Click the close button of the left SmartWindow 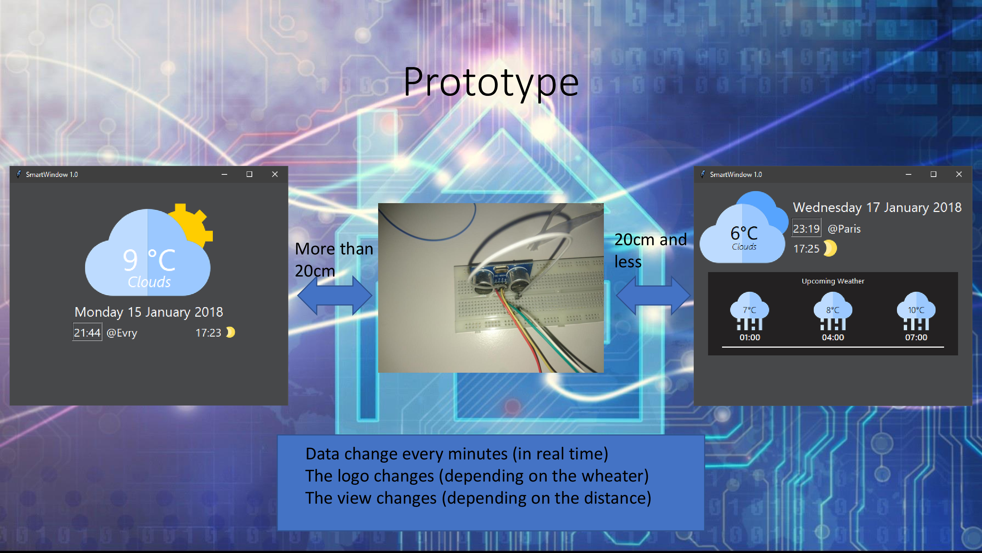tap(274, 174)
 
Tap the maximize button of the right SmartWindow tap(933, 174)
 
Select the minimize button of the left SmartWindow tap(224, 174)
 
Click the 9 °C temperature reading tap(149, 260)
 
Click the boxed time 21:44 tap(87, 333)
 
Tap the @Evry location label tap(122, 333)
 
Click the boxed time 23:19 tap(806, 229)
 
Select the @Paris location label tap(844, 229)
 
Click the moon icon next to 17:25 tap(830, 248)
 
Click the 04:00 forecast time tap(833, 337)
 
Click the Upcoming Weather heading tap(833, 281)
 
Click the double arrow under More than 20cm tap(334, 295)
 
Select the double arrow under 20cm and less tap(653, 295)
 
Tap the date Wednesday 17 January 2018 tap(877, 207)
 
